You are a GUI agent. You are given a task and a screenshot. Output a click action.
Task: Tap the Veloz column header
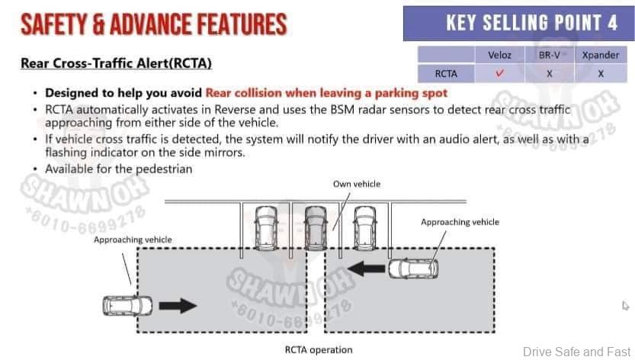pos(499,56)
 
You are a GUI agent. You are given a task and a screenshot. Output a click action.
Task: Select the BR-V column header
pos(549,56)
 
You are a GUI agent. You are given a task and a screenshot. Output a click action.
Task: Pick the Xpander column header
pos(600,56)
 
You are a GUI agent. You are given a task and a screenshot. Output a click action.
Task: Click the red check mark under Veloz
pos(499,74)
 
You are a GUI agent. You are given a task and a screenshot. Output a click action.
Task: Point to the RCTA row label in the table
pos(446,74)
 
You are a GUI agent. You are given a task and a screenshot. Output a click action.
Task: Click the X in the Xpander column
pos(601,74)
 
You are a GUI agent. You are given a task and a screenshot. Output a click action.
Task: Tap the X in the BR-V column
pos(549,74)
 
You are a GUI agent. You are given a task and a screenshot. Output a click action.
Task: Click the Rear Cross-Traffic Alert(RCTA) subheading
pos(116,63)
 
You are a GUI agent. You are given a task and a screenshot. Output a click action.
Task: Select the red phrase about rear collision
pos(326,93)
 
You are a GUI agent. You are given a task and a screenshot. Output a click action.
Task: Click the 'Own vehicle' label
pos(356,184)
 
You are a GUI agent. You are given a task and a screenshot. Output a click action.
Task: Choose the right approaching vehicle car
pos(412,268)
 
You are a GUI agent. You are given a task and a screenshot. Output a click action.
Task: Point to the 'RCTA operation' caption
pos(318,350)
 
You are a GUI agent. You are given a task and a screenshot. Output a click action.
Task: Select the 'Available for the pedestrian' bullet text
pos(118,169)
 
